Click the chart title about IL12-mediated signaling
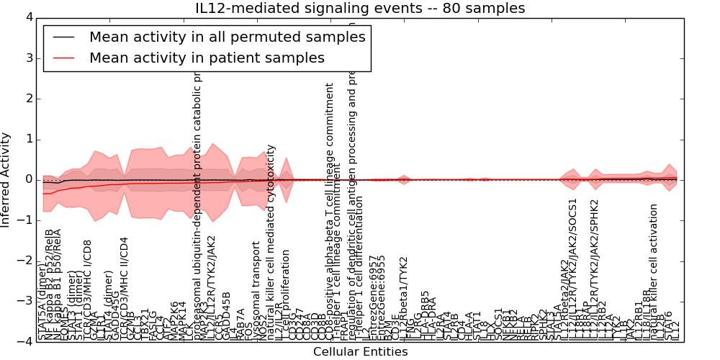[360, 9]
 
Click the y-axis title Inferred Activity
[6, 179]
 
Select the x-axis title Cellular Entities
[360, 352]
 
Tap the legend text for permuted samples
[227, 37]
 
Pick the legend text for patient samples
[207, 58]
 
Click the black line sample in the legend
[64, 37]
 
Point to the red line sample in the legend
[64, 58]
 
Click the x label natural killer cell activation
[654, 274]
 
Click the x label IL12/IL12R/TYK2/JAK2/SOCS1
[574, 270]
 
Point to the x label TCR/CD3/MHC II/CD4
[124, 288]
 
